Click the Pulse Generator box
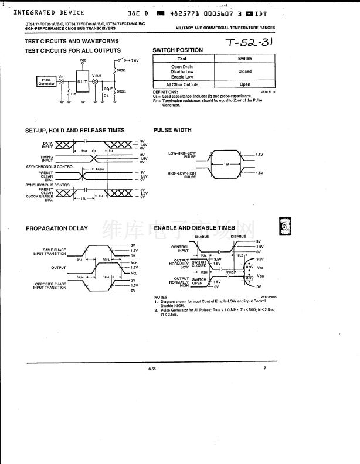click(x=46, y=82)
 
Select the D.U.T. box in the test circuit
click(x=82, y=81)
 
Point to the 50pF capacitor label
click(x=108, y=88)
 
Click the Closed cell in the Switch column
click(x=244, y=71)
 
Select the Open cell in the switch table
click(x=244, y=84)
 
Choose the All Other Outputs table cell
click(x=182, y=84)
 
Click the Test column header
click(x=182, y=59)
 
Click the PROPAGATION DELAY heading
click(x=56, y=228)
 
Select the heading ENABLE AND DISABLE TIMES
click(x=194, y=228)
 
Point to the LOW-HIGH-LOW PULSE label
click(x=182, y=155)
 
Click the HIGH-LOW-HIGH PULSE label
click(x=182, y=174)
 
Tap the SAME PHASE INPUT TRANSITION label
click(x=50, y=252)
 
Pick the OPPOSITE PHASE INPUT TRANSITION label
click(x=50, y=285)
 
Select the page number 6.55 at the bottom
click(x=152, y=369)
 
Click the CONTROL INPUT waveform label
click(x=180, y=248)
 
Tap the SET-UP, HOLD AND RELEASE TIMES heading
click(x=74, y=130)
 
